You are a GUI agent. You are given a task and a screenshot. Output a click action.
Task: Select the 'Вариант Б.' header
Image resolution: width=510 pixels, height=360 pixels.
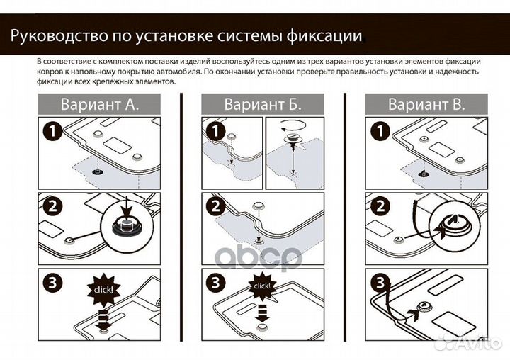pos(263,105)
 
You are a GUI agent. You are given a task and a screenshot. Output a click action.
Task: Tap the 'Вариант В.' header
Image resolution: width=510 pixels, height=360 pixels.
pos(426,105)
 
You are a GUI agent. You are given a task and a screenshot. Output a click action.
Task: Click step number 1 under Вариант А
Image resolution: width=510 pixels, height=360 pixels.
pos(52,132)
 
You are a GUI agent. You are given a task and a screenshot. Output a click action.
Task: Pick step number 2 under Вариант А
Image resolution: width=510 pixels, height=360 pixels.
pos(52,207)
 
